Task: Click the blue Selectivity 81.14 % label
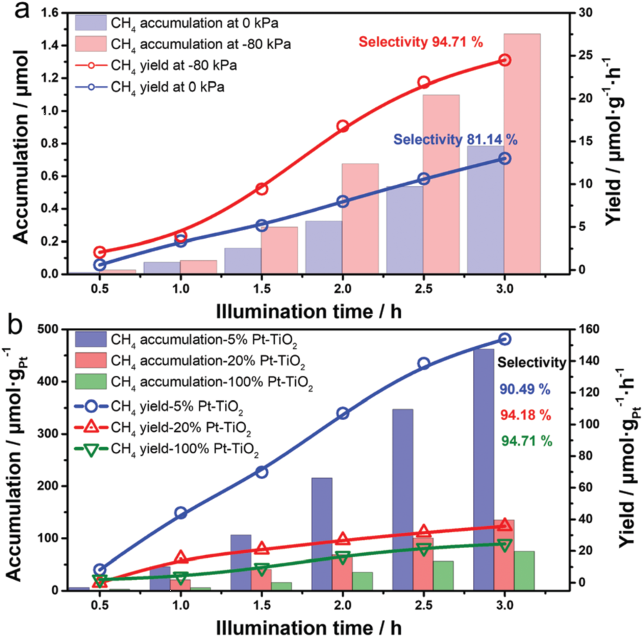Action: click(456, 139)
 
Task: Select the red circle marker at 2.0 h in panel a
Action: click(342, 126)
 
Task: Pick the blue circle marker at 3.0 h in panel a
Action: click(504, 158)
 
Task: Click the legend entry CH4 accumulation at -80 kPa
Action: click(196, 44)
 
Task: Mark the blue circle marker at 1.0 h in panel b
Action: click(181, 513)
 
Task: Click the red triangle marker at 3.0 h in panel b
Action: click(505, 525)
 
